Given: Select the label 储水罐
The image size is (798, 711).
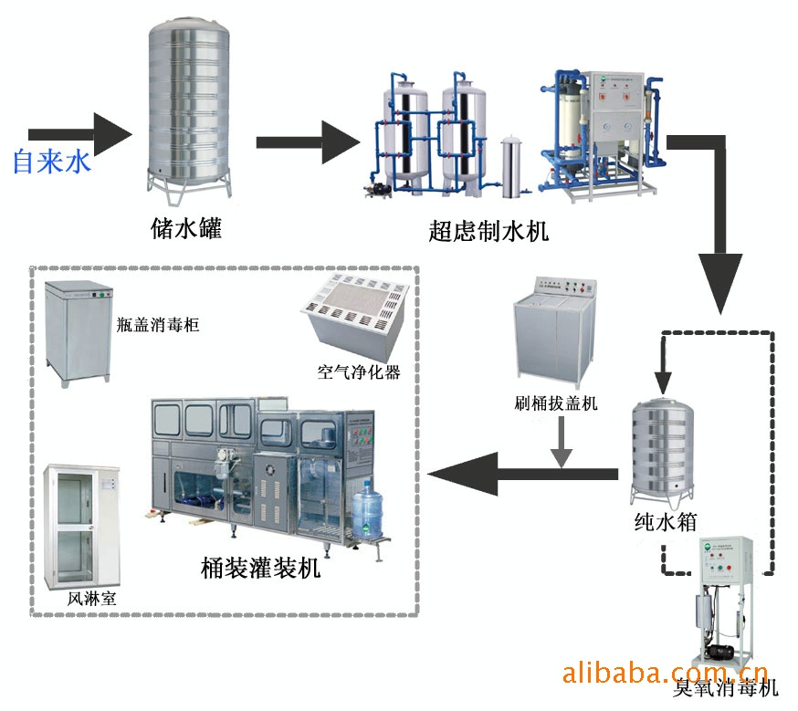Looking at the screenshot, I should (x=186, y=227).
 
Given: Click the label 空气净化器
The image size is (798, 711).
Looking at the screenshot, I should (x=359, y=371).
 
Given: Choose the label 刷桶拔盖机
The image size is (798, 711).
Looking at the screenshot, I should (x=556, y=403).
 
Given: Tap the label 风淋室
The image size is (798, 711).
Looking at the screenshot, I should (x=90, y=599).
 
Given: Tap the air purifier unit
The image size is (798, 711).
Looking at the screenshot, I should (x=357, y=315).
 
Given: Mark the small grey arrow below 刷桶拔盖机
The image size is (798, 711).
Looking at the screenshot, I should (x=562, y=444).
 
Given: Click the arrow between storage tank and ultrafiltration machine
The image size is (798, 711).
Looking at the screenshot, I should (x=310, y=142).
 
